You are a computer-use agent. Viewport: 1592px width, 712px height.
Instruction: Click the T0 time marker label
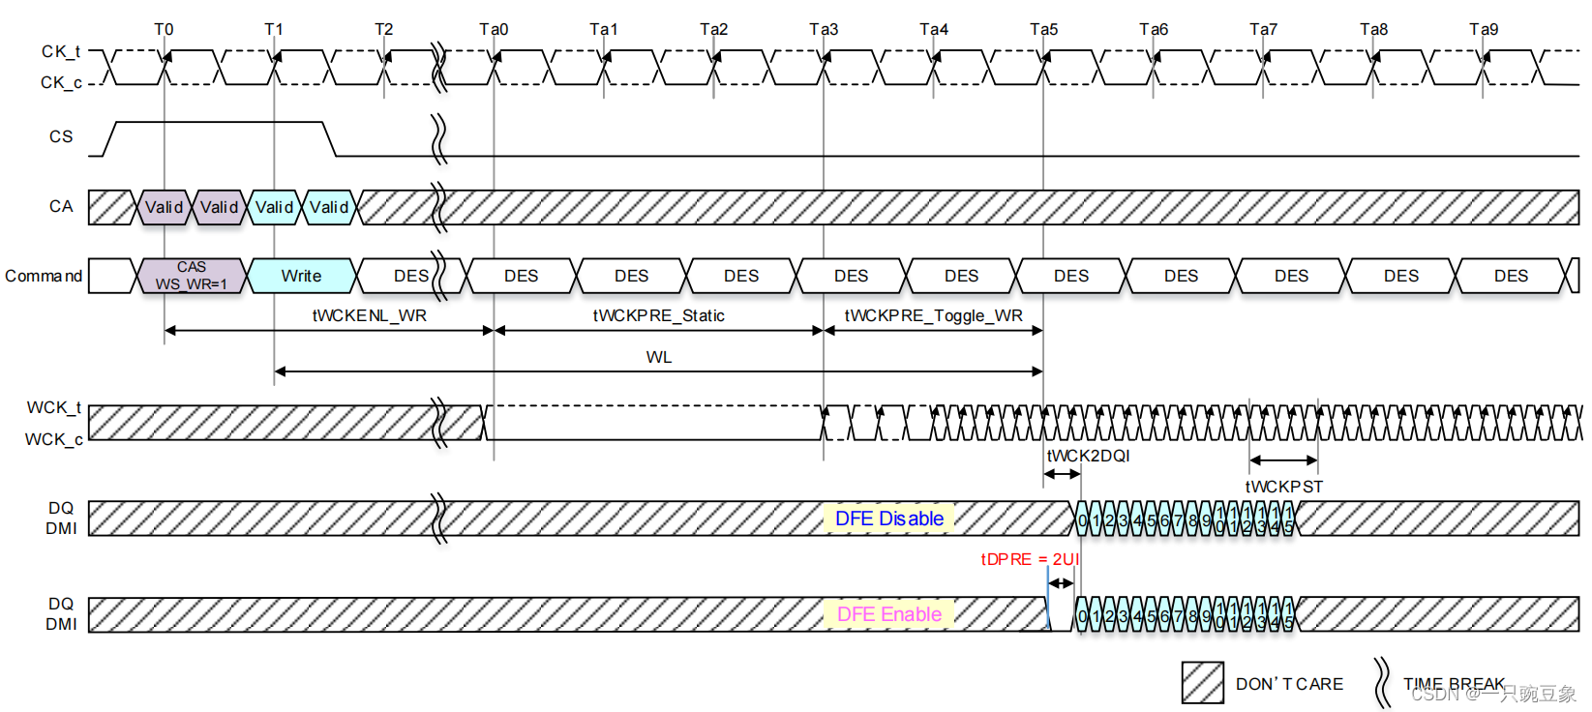164,29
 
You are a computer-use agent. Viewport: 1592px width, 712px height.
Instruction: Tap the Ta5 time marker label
1043,29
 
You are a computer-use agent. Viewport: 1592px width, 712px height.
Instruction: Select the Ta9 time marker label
1483,29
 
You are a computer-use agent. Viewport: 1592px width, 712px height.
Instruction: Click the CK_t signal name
60,51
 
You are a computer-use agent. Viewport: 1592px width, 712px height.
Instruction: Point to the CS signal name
61,136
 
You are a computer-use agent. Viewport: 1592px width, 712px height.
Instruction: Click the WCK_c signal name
53,439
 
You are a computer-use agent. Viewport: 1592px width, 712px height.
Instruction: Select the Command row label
44,276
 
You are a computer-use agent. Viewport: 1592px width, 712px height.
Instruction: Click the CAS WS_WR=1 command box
192,276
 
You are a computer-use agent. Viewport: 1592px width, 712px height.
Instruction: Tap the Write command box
301,276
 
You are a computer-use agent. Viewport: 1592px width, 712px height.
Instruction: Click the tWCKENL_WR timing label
369,315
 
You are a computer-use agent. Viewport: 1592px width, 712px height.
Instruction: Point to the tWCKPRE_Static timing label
658,315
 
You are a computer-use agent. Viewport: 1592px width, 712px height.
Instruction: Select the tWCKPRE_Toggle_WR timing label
933,315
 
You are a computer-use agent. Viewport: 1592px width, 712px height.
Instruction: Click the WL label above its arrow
658,357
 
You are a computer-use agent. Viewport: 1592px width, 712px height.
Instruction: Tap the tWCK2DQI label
1088,456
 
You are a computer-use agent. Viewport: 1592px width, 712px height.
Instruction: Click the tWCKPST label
1283,487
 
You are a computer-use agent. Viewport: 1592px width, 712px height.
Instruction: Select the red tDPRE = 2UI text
1029,559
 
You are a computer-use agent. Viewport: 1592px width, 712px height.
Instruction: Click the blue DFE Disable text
888,519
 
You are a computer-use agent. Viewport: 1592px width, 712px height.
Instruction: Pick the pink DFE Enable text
888,614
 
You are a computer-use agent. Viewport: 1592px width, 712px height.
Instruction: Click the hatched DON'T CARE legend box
1202,683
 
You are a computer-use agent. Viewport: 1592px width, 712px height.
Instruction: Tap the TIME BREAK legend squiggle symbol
1381,682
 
